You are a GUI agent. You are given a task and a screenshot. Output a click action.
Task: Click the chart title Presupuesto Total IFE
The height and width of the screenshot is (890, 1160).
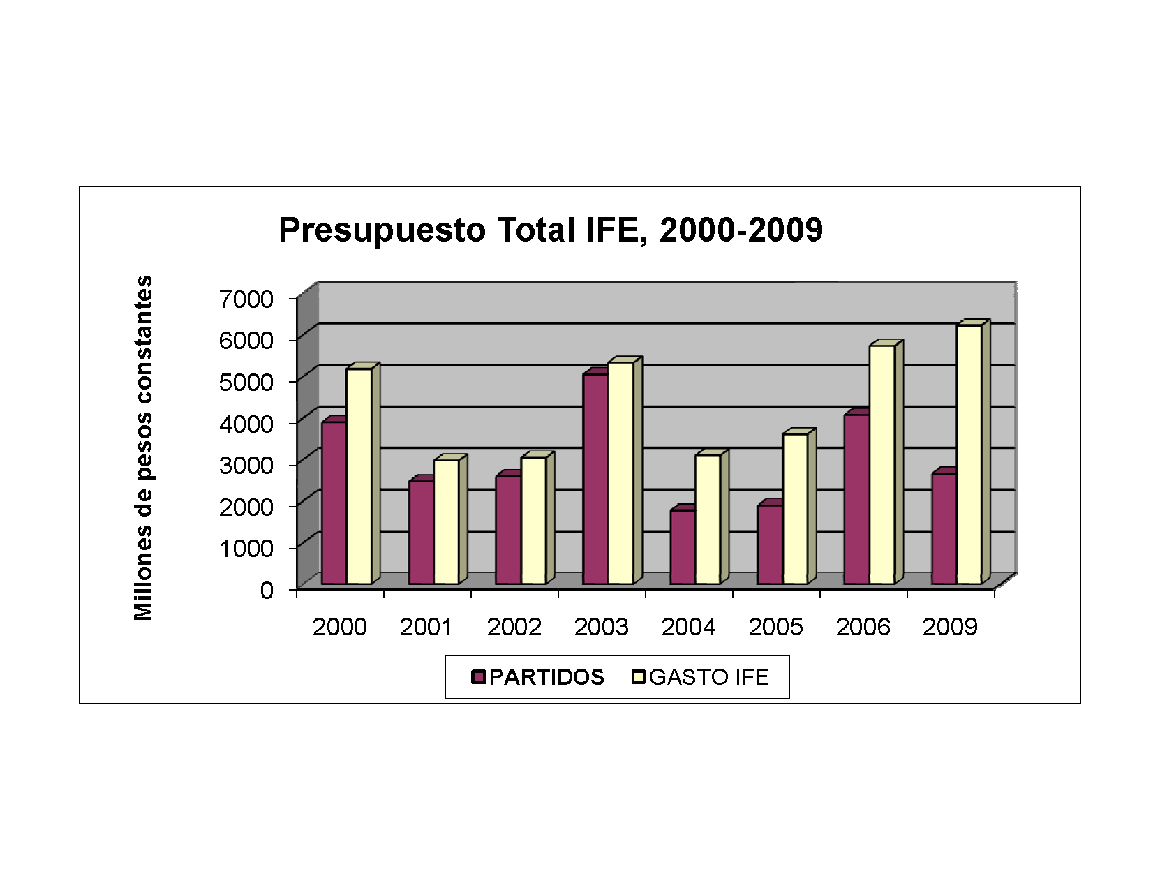[x=550, y=230]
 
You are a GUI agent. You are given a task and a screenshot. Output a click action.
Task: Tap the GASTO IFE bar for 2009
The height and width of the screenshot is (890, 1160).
[x=969, y=454]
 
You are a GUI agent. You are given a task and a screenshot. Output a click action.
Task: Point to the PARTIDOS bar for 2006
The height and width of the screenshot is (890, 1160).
[x=856, y=499]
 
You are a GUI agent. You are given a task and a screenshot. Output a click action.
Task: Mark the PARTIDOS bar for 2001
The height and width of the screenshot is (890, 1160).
[x=421, y=532]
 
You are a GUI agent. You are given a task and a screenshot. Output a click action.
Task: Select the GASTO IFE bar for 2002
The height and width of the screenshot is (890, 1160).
[x=533, y=520]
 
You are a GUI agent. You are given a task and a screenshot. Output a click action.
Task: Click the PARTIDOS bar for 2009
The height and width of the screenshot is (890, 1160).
[x=944, y=528]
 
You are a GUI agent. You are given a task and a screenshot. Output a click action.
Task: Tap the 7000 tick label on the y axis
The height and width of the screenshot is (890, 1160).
[x=246, y=299]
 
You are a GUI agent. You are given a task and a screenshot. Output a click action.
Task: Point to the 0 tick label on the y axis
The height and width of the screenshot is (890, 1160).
[x=267, y=591]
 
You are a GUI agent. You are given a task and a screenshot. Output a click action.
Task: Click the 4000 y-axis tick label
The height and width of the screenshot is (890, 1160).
[x=246, y=424]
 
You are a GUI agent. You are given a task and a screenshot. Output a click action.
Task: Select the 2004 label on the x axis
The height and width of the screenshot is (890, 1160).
[x=688, y=627]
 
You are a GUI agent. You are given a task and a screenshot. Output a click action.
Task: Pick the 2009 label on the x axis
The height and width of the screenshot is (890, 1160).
[x=950, y=627]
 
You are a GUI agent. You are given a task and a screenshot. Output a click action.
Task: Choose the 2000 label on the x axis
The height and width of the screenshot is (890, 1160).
[x=339, y=627]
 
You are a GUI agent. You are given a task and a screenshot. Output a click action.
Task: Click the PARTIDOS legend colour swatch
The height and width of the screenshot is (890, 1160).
[x=478, y=677]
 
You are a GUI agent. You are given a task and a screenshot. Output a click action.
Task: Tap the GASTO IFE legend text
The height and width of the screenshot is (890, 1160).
[x=708, y=677]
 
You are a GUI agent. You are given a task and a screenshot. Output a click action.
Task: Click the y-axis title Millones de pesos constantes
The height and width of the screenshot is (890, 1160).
[x=143, y=447]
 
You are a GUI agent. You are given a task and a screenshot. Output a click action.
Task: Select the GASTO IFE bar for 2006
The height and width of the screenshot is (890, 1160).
[x=882, y=464]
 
